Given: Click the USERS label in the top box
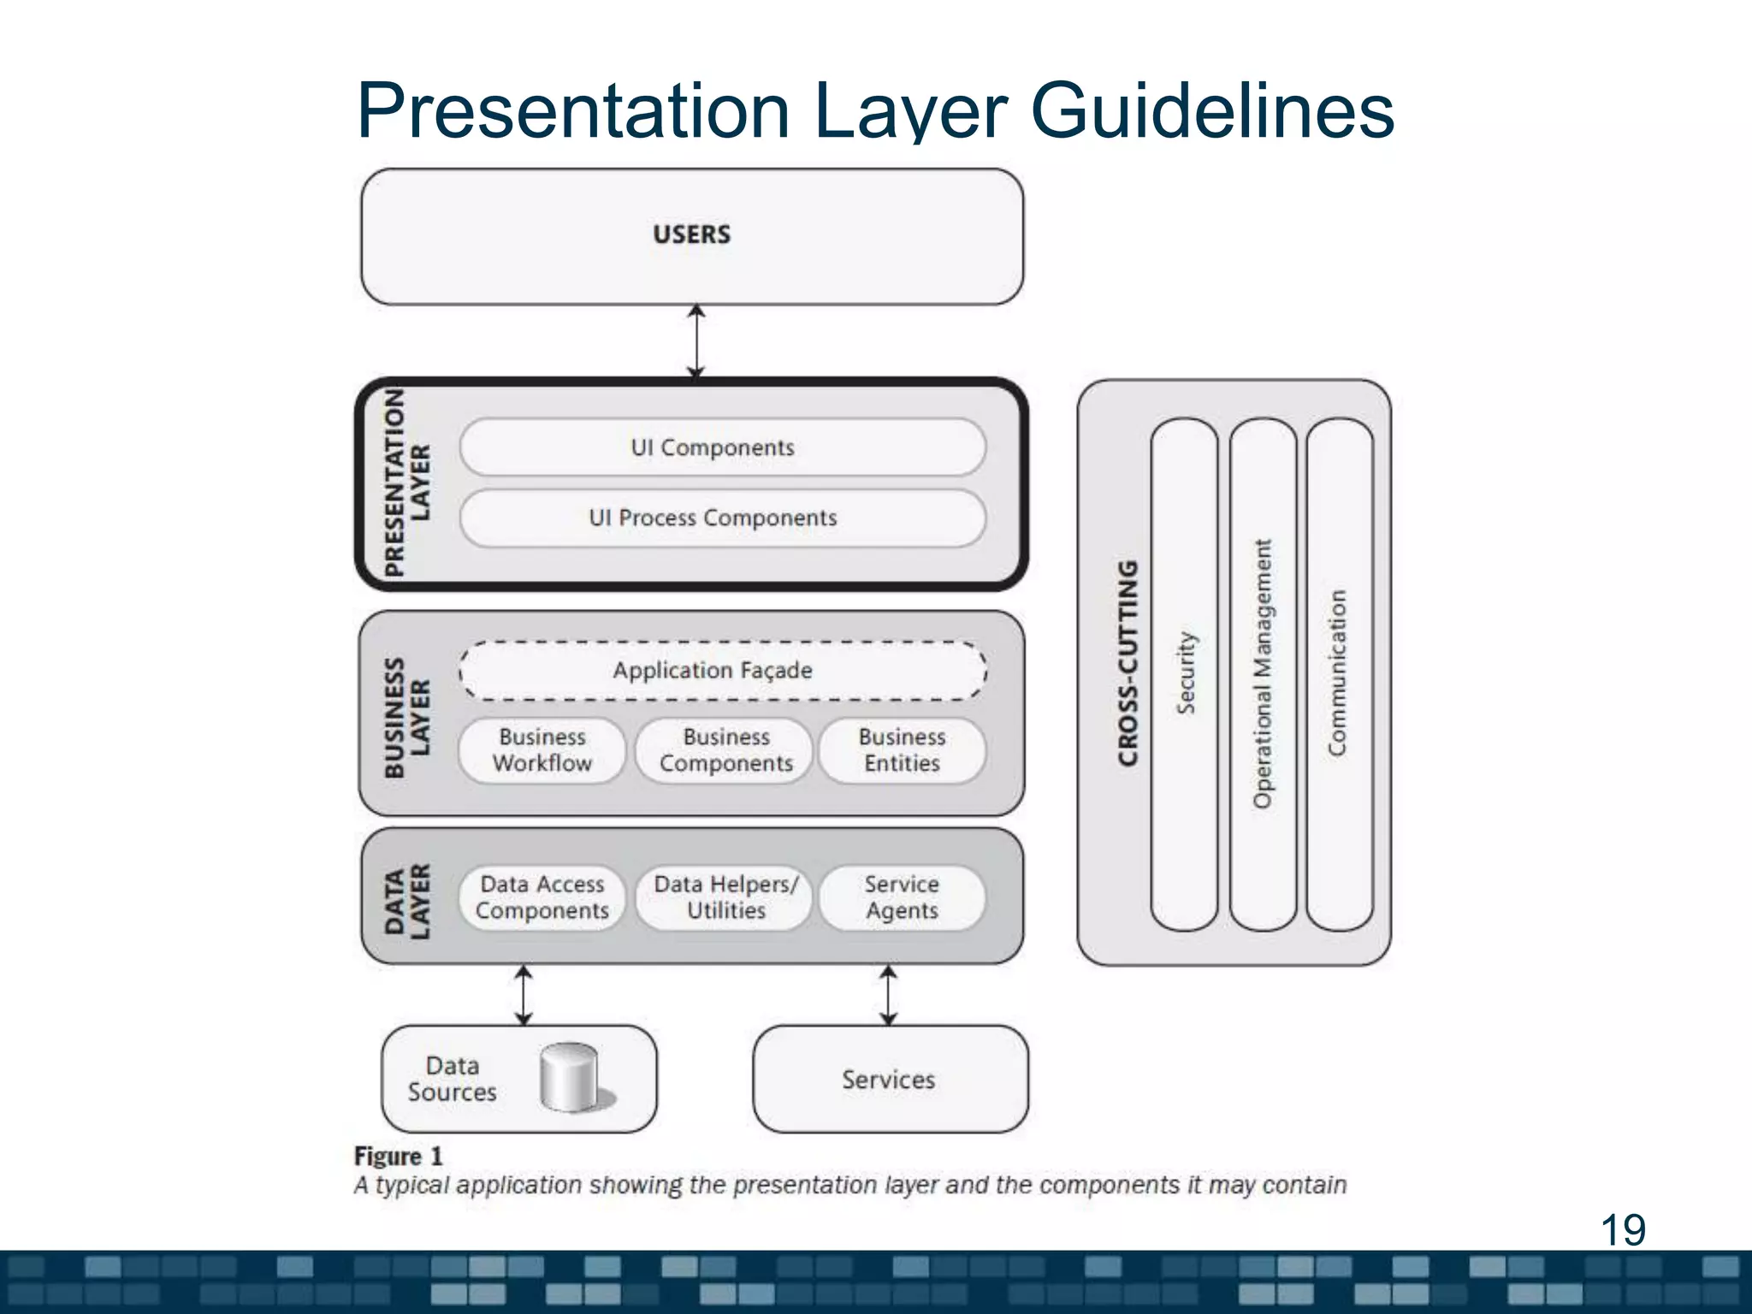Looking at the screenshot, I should tap(691, 234).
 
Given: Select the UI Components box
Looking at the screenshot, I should tap(722, 447).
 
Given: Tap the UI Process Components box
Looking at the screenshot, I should tap(722, 518).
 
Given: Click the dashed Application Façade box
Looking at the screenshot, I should tap(722, 671).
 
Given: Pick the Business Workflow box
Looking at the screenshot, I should tap(542, 750).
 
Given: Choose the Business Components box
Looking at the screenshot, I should tap(725, 750).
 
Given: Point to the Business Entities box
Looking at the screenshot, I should tap(902, 750).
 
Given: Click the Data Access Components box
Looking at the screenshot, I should tap(542, 897).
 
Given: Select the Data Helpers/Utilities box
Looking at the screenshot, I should tap(725, 897).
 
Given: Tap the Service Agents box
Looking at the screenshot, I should tap(902, 897).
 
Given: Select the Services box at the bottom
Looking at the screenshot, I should tap(890, 1080).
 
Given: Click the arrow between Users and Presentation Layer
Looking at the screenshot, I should tap(696, 341).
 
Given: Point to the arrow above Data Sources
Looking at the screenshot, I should tap(524, 995).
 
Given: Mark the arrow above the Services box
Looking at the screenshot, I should tap(889, 995).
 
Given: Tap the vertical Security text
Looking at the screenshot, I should tap(1186, 673).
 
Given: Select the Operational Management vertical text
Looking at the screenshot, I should tap(1263, 673).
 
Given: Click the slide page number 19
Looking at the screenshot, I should tap(1622, 1230).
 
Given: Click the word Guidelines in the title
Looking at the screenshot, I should tap(1212, 111).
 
